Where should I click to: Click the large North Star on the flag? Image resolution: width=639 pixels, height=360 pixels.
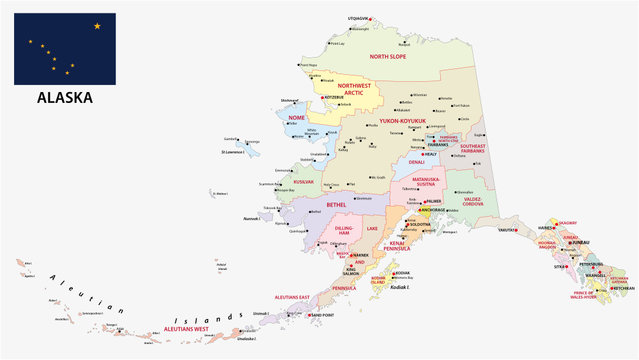click(97, 26)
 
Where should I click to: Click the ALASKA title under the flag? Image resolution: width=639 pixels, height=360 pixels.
click(65, 98)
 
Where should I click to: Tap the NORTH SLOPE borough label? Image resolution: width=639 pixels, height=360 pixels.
click(394, 57)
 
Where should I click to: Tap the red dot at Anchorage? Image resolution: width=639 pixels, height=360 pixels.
click(409, 210)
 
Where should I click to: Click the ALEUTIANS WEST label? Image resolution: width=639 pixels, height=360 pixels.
click(180, 328)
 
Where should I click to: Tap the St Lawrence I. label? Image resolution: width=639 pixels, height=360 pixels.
click(236, 152)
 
